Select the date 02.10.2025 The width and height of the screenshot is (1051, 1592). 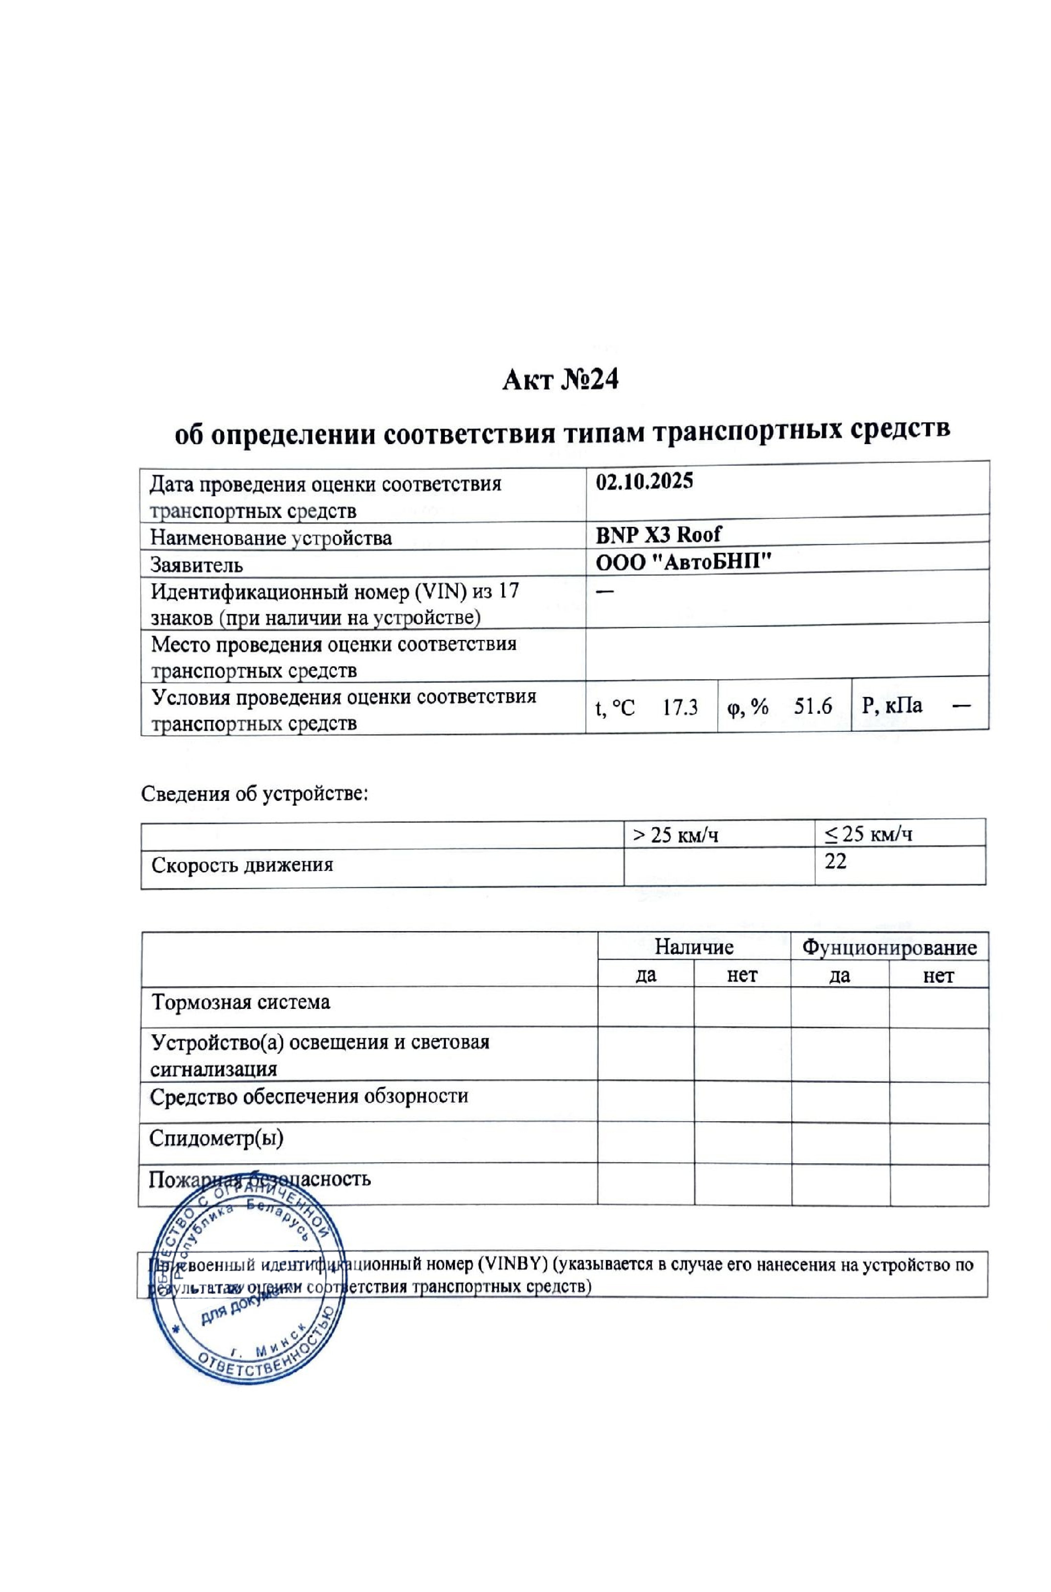pos(644,482)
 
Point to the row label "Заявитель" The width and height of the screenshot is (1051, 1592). pos(196,565)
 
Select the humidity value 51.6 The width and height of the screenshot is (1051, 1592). pos(813,706)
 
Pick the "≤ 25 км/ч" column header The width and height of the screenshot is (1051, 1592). pos(868,834)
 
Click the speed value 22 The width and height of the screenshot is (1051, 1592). pos(836,861)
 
